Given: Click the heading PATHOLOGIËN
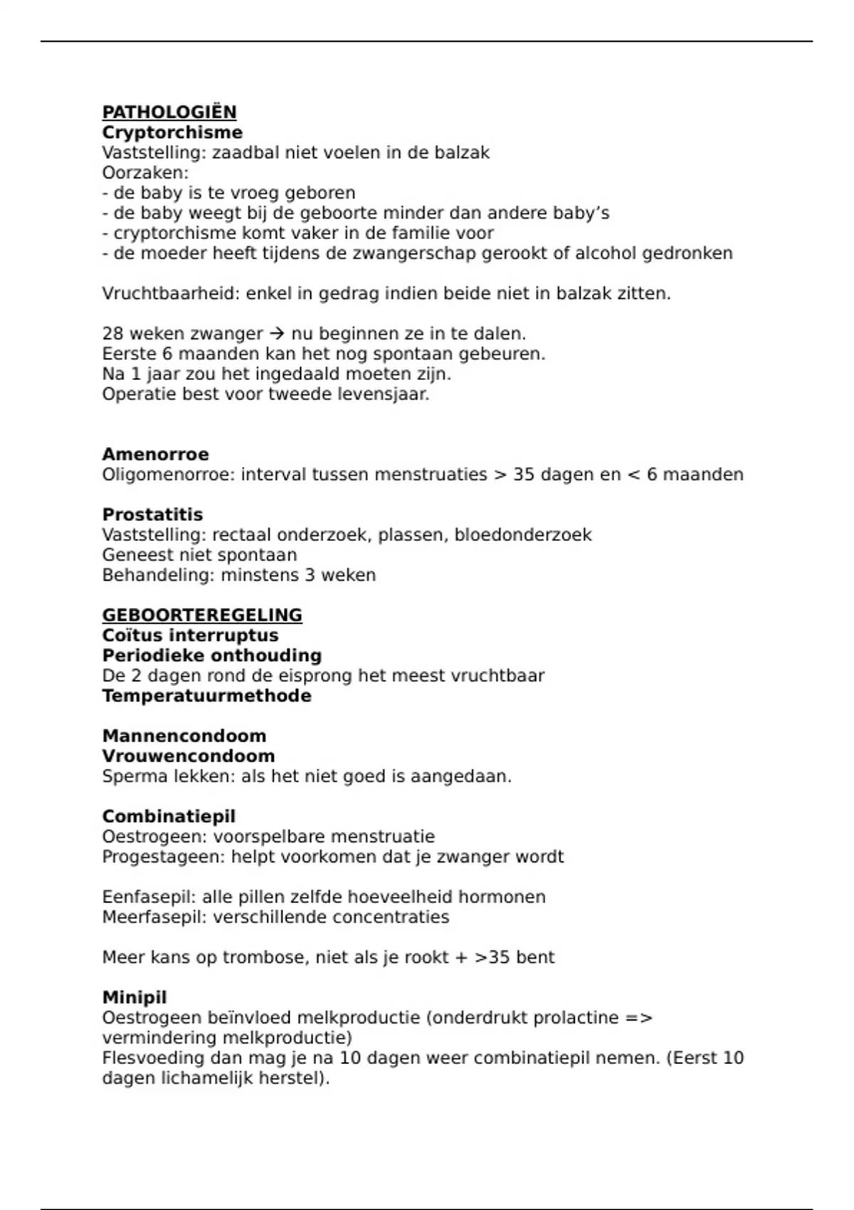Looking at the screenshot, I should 169,112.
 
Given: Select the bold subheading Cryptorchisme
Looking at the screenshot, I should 172,132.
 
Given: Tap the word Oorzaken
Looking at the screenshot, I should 144,173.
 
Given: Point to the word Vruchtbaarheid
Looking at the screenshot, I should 170,293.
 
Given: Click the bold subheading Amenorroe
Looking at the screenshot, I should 155,454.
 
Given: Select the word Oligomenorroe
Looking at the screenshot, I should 167,475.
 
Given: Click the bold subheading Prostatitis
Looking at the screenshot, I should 152,515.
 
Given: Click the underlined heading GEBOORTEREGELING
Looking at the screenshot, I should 202,615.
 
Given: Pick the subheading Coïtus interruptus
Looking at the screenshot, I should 190,635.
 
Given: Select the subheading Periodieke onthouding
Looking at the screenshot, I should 211,656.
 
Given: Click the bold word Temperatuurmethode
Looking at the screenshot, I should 206,695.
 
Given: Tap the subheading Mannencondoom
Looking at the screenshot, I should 184,736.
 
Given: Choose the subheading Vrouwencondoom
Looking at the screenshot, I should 188,756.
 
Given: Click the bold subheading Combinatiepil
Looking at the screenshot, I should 169,816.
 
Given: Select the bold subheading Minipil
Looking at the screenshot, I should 135,997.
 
